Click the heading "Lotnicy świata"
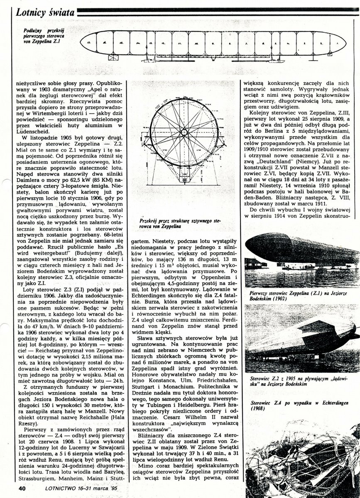pos(44,13)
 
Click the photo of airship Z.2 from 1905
pos(302,340)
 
